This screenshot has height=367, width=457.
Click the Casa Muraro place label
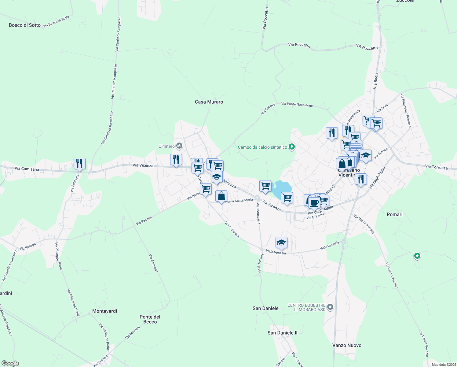point(209,102)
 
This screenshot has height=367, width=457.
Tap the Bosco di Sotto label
point(25,25)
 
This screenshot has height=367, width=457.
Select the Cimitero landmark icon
point(179,146)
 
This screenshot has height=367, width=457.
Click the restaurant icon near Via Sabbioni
point(79,164)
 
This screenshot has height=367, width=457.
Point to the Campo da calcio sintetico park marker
point(292,147)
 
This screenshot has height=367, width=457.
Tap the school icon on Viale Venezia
point(281,243)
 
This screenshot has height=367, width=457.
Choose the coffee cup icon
point(314,202)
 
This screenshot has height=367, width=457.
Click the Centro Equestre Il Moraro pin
point(330,307)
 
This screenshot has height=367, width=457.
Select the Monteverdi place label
point(104,311)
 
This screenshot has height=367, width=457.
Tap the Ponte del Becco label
point(150,319)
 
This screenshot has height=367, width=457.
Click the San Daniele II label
point(282,333)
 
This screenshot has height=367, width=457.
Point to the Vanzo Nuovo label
point(347,345)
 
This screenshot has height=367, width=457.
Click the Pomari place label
point(394,214)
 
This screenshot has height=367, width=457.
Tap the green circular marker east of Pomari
point(417,256)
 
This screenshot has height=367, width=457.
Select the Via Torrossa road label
point(436,167)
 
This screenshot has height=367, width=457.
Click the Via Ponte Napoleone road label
point(297,104)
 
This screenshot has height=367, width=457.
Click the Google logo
point(10,363)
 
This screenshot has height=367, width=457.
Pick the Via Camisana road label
point(27,169)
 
